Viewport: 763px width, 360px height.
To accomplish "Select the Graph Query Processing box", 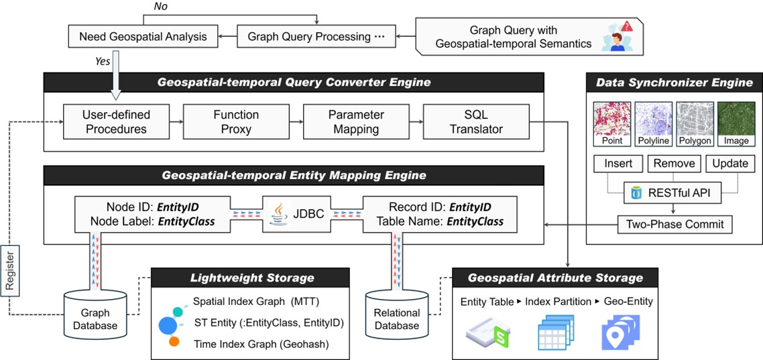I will click(315, 36).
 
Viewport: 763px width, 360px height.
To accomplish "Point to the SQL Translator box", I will click(476, 121).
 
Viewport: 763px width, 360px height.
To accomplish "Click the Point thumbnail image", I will click(612, 118).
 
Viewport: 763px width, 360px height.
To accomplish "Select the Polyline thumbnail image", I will click(653, 118).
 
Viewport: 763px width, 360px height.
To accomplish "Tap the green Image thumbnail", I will click(736, 118).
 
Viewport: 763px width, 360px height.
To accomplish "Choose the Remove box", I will click(674, 164).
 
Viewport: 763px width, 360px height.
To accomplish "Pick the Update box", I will click(729, 164).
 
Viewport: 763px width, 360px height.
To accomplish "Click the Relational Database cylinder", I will click(396, 314).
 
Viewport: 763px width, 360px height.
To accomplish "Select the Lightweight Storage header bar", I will click(251, 278).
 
